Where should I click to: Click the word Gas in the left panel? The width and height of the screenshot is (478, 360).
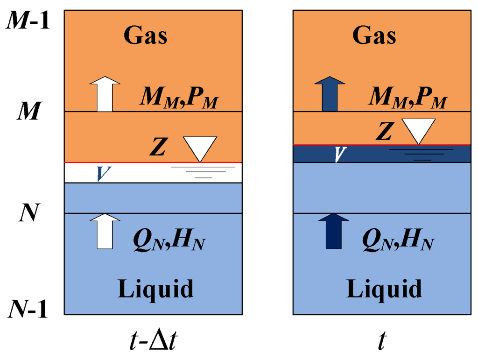145,36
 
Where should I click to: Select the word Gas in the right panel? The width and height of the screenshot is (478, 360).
374,36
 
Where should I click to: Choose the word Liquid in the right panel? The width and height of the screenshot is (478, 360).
384,288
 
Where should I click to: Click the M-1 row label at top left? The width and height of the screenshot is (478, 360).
28,21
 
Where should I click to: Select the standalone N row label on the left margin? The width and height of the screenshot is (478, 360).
28,214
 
